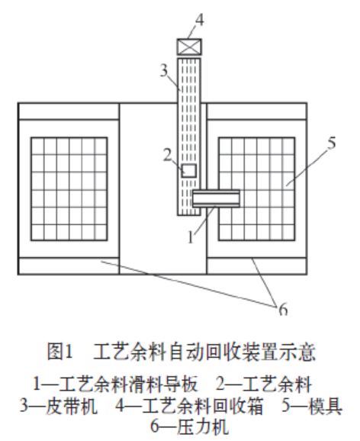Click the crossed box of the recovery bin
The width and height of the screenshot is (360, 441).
tap(189, 47)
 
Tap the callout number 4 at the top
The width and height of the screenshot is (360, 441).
tap(199, 21)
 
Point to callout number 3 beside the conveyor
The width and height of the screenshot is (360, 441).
tap(164, 70)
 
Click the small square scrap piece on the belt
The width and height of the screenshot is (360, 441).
tap(189, 171)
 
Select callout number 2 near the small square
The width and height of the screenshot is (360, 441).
tap(168, 155)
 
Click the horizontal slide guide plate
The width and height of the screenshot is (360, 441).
tap(216, 198)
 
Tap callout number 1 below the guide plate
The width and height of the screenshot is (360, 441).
tap(191, 237)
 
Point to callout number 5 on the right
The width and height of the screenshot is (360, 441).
tap(332, 143)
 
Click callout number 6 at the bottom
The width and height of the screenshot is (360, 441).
tap(284, 309)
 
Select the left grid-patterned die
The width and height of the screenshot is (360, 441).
tap(69, 189)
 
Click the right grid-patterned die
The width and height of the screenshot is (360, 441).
tap(257, 189)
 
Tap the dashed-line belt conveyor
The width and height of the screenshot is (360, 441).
tap(188, 137)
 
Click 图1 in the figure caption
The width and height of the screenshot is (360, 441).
tap(60, 351)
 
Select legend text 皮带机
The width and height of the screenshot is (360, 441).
tap(72, 406)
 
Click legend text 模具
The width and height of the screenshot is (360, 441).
tap(326, 406)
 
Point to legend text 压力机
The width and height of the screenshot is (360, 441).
tap(202, 427)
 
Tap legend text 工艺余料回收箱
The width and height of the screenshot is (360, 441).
tap(202, 406)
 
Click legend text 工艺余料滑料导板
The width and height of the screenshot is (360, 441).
tap(128, 385)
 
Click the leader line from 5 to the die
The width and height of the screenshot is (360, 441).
tap(307, 168)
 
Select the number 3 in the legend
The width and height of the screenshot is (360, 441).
tap(24, 406)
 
